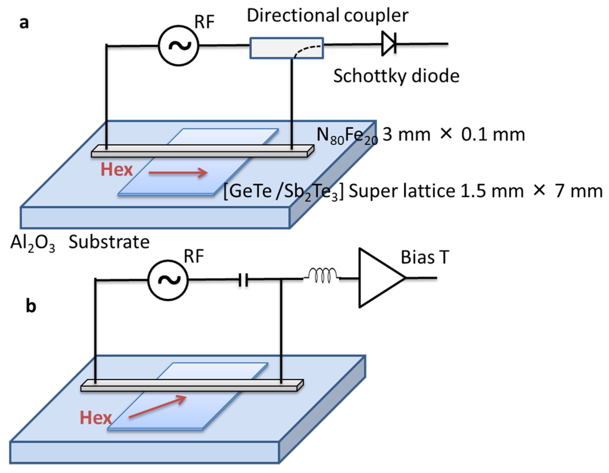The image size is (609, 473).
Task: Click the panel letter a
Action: (x=24, y=23)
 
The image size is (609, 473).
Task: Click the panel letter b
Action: (x=31, y=306)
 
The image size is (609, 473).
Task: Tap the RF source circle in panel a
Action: (x=178, y=46)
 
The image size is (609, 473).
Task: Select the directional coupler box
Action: (x=286, y=48)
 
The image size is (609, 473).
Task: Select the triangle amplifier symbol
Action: (x=379, y=278)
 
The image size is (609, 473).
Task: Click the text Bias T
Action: (x=425, y=257)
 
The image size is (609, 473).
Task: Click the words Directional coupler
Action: (x=327, y=15)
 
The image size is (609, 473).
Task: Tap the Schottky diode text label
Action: (x=396, y=76)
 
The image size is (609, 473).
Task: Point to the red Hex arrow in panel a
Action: (x=178, y=173)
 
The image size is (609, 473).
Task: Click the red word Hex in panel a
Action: (x=117, y=169)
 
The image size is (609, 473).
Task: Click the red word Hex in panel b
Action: (x=96, y=418)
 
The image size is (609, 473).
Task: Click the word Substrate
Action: (x=109, y=242)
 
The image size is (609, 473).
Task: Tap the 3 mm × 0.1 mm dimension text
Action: (x=453, y=135)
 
